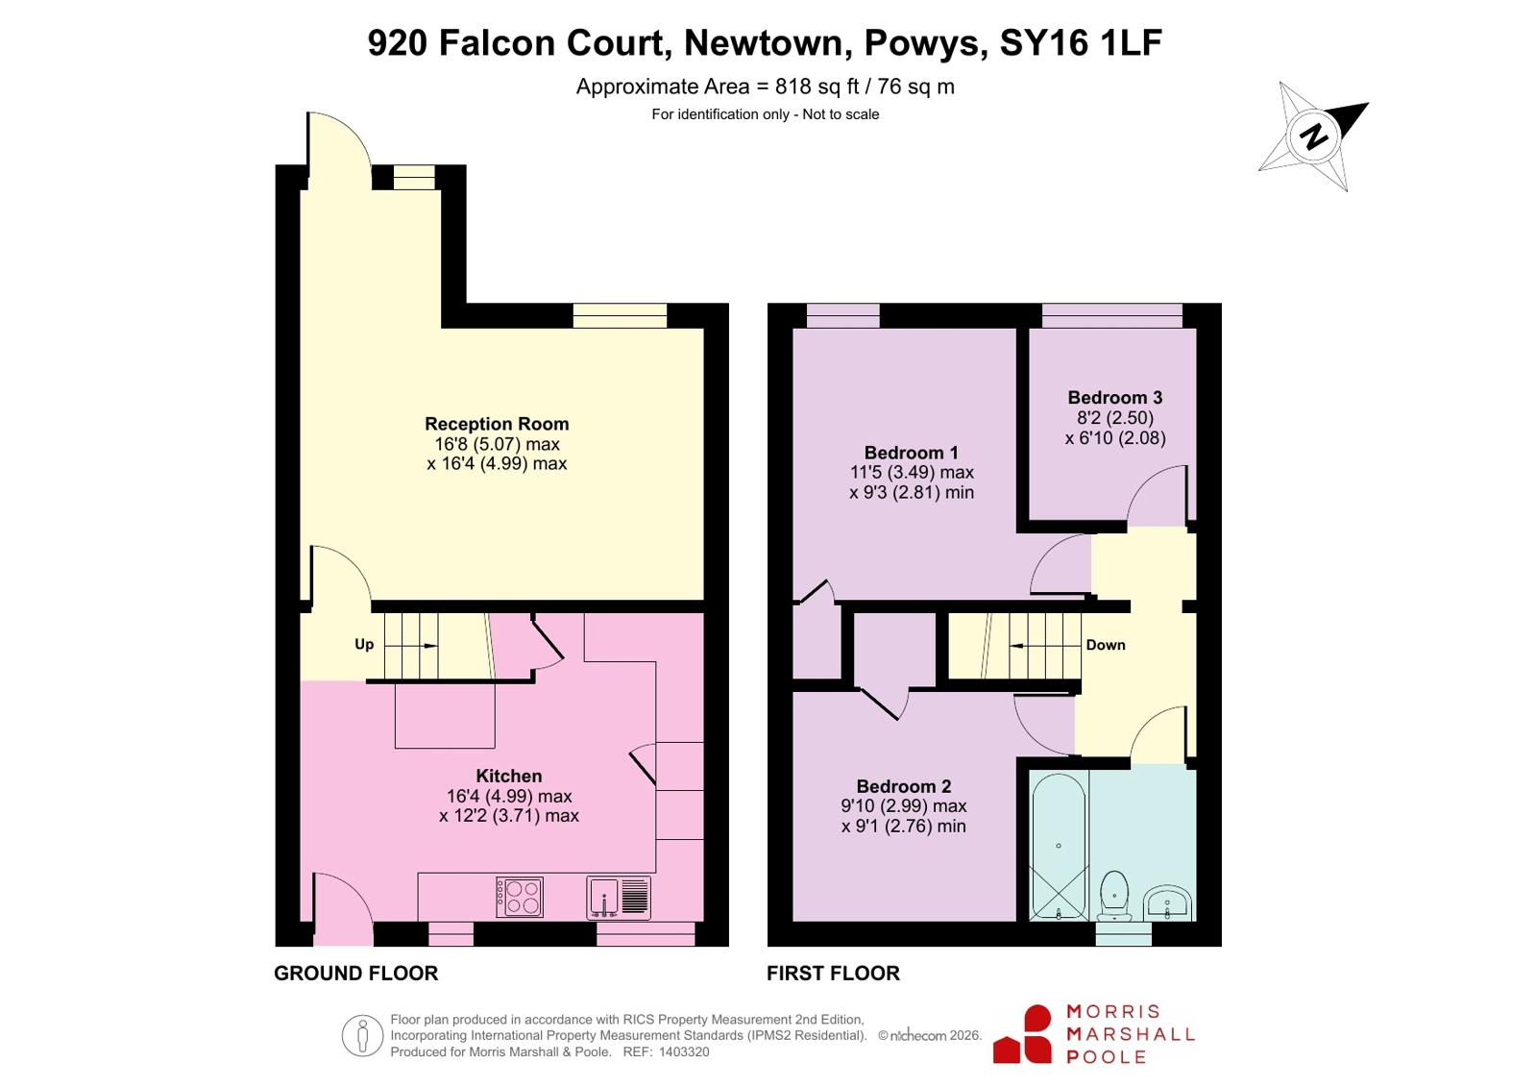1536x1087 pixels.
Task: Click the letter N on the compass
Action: pyautogui.click(x=1314, y=136)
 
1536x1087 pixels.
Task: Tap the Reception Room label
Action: pyautogui.click(x=497, y=424)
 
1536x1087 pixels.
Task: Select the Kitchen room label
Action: pyautogui.click(x=509, y=776)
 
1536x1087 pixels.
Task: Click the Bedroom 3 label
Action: pyautogui.click(x=1115, y=397)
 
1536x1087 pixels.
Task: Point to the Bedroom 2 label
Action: pyautogui.click(x=904, y=786)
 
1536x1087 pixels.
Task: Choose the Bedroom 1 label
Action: pyautogui.click(x=912, y=453)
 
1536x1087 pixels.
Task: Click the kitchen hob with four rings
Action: pyautogui.click(x=520, y=897)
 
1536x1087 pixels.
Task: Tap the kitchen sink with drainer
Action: pyautogui.click(x=619, y=897)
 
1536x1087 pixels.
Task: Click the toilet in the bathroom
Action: pyautogui.click(x=1114, y=896)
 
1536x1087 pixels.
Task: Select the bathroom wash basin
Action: pyautogui.click(x=1167, y=903)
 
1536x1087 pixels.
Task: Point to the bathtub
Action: pyautogui.click(x=1059, y=846)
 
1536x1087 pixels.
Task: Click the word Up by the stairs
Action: pyautogui.click(x=364, y=644)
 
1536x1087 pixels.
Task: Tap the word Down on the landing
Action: pyautogui.click(x=1106, y=645)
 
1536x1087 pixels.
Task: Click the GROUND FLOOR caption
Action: pyautogui.click(x=355, y=973)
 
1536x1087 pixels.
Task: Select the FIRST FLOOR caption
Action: pyautogui.click(x=833, y=973)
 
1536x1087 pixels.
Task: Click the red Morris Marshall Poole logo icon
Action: pyautogui.click(x=1022, y=1035)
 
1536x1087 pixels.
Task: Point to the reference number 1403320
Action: pyautogui.click(x=684, y=1052)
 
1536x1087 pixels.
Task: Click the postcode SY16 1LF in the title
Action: pyautogui.click(x=1081, y=42)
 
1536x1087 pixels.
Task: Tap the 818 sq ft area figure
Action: pyautogui.click(x=817, y=87)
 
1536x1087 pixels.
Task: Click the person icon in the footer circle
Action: pyautogui.click(x=363, y=1035)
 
